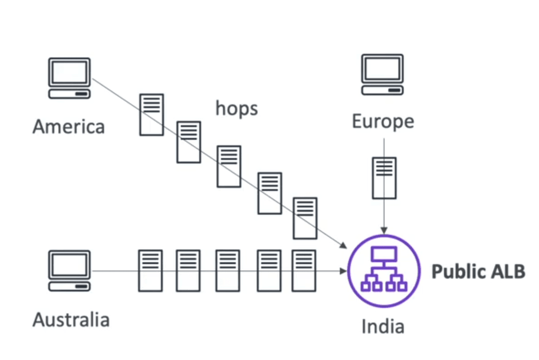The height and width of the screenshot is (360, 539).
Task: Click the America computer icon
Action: (69, 78)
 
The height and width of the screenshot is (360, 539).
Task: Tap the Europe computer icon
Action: (382, 74)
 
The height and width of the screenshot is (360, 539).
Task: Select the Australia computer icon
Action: (69, 271)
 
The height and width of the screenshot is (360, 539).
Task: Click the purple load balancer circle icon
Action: (384, 271)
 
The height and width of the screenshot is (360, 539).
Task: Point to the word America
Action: (69, 126)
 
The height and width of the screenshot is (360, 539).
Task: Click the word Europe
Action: (383, 122)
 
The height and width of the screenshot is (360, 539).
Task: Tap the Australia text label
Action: (71, 320)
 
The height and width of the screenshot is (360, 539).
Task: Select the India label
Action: (383, 327)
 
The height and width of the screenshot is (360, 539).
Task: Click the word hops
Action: (237, 109)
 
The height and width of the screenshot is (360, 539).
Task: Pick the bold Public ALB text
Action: (479, 271)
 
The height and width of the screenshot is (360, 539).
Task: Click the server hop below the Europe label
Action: (384, 178)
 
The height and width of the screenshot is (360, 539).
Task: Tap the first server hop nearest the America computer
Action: (152, 114)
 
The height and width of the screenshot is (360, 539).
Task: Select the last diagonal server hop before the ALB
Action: (305, 218)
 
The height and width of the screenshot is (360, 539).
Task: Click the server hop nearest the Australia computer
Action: (150, 271)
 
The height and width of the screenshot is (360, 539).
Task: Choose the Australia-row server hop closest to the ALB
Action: (304, 271)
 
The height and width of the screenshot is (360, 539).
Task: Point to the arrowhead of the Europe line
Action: (384, 230)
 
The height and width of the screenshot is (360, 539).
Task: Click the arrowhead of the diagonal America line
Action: (343, 245)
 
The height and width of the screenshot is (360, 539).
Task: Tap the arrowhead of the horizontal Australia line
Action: (343, 271)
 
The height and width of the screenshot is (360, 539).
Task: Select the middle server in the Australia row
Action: (228, 271)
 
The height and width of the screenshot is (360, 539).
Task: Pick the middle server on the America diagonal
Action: (229, 166)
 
